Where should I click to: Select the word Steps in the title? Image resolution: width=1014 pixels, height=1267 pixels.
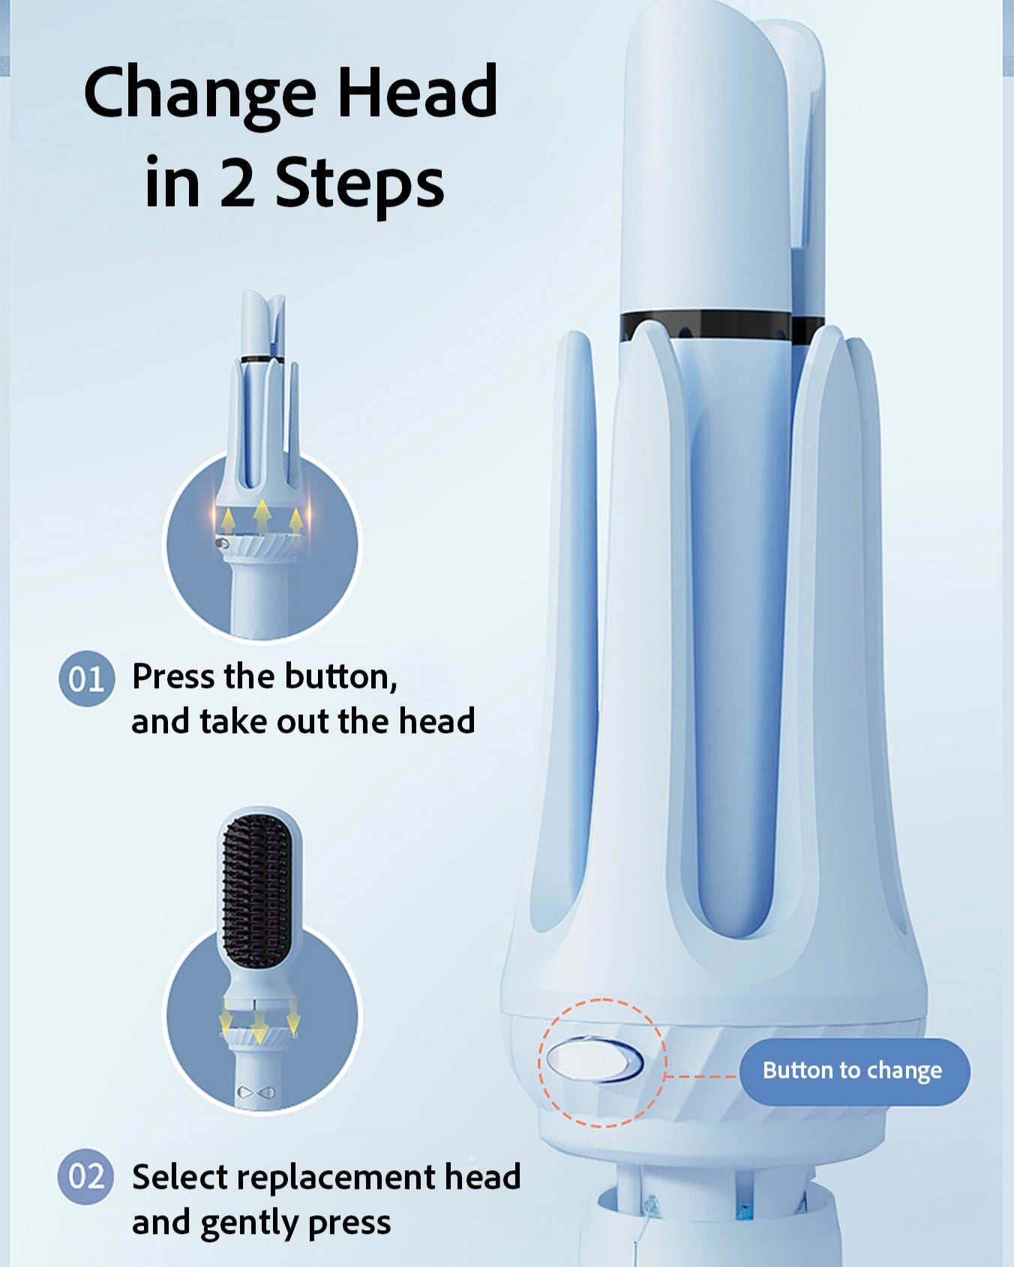pyautogui.click(x=360, y=184)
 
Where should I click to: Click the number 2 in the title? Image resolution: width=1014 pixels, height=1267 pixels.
pyautogui.click(x=237, y=182)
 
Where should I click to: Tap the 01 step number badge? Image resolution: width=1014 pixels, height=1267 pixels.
pyautogui.click(x=86, y=678)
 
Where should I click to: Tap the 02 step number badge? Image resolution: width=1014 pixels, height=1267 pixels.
pyautogui.click(x=86, y=1176)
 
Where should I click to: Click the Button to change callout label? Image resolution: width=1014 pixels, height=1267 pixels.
pyautogui.click(x=853, y=1071)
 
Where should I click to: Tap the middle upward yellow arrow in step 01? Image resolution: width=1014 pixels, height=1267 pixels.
pyautogui.click(x=261, y=517)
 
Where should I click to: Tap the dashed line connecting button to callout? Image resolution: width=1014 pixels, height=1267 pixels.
pyautogui.click(x=701, y=1076)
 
